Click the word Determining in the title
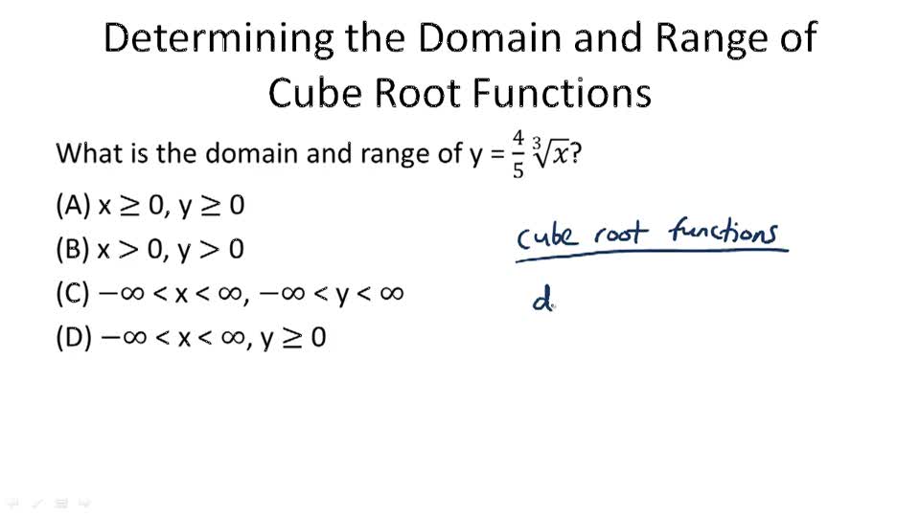point(218,38)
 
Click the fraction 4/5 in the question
point(518,154)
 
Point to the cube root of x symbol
point(551,153)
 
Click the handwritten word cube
point(547,235)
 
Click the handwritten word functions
point(724,232)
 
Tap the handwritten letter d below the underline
point(543,303)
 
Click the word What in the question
point(88,153)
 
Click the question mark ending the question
point(575,153)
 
